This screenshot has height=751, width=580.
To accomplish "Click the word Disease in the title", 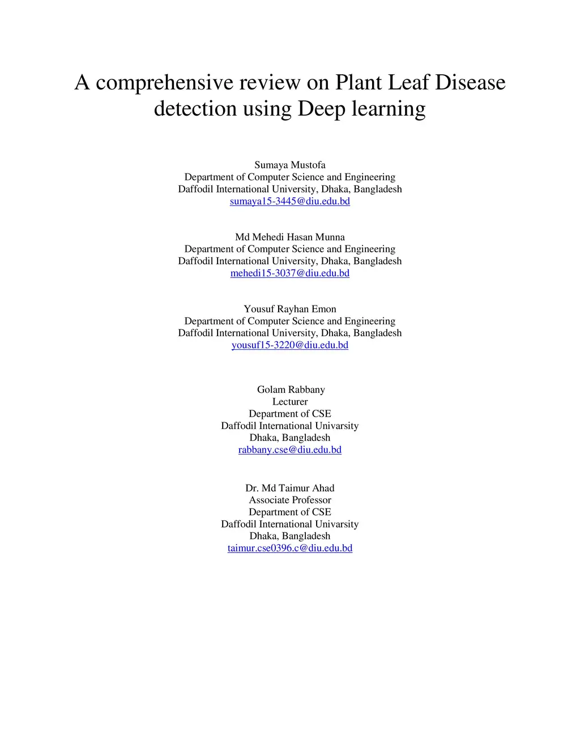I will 470,83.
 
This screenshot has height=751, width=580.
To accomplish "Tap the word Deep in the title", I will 322,109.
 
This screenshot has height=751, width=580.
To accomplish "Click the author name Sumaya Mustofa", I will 290,165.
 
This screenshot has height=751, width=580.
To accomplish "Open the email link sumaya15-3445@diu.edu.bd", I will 290,201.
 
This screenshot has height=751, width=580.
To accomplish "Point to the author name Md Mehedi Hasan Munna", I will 290,237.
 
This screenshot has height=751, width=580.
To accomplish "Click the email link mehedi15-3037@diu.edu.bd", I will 290,273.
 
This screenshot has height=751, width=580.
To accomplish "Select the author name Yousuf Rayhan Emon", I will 290,309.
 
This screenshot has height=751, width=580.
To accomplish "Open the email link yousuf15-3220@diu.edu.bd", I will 290,345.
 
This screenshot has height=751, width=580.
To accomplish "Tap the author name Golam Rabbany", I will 291,389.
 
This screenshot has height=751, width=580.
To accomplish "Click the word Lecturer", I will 290,402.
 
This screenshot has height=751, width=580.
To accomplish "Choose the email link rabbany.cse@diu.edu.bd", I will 290,450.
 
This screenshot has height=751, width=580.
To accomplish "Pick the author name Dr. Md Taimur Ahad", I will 290,488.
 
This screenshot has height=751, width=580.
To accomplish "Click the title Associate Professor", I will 290,500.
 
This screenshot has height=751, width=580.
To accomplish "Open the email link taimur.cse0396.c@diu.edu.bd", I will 290,548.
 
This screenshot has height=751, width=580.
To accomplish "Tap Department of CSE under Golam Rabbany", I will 290,414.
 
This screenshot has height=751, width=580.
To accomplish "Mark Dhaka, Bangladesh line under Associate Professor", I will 290,536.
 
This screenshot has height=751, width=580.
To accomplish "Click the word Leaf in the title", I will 408,83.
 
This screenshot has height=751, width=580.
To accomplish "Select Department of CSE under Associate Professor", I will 290,512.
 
